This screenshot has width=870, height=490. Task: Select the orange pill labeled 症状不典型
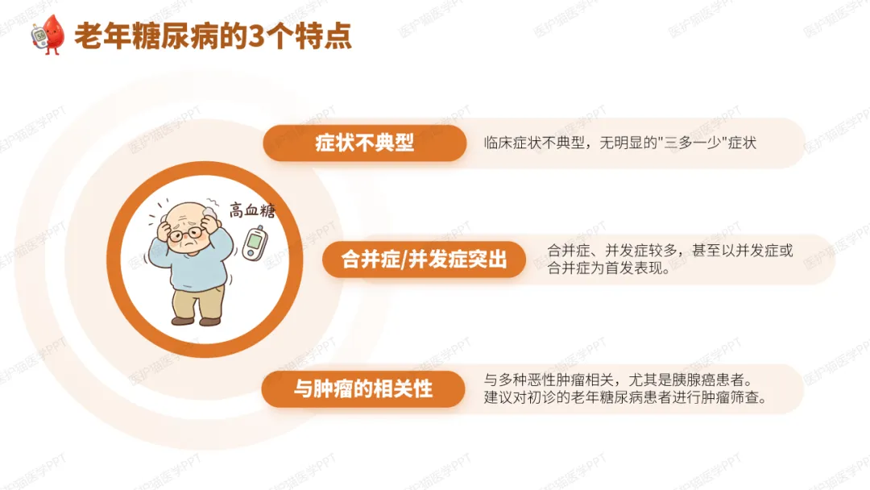pos(365,143)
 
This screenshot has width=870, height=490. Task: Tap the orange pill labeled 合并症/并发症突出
pos(424,260)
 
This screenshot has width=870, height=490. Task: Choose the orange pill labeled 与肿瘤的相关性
pos(362,389)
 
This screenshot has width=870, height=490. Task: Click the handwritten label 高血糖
pos(252,210)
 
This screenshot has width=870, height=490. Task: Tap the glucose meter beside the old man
pos(255,243)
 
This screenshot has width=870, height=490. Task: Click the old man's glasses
pos(185,234)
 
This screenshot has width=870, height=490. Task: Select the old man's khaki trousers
pos(197,301)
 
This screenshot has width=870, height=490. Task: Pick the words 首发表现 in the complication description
pos(634,268)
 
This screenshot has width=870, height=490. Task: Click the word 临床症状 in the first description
pos(512,143)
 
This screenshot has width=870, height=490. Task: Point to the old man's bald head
pos(187,214)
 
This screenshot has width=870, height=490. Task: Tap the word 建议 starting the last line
pos(499,398)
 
